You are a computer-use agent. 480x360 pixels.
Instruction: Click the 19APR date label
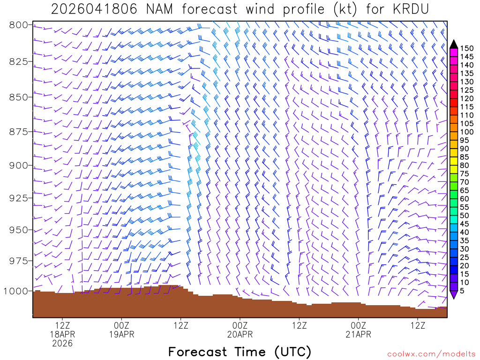click(x=121, y=334)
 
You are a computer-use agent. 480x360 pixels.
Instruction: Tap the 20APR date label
click(x=240, y=334)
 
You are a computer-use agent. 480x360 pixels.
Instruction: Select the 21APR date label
click(x=359, y=334)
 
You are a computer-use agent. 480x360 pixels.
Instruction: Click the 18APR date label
click(x=62, y=334)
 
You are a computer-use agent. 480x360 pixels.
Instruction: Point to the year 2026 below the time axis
click(x=62, y=344)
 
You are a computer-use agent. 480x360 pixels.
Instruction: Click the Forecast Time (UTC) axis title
click(x=240, y=352)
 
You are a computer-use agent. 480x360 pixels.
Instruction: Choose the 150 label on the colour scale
click(x=466, y=48)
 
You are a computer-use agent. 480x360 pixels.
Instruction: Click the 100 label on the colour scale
click(x=466, y=132)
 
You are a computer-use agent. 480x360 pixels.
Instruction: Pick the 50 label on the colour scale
click(x=464, y=215)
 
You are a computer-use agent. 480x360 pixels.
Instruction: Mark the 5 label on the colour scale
click(x=462, y=290)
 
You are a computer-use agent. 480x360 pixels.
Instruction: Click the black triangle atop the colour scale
click(x=453, y=44)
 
